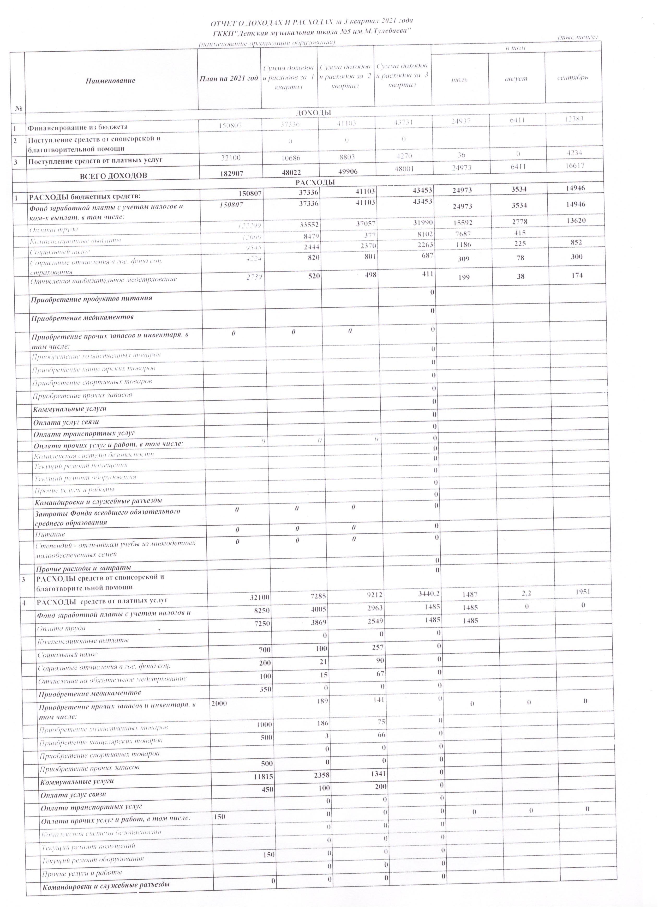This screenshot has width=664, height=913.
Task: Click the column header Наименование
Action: click(x=110, y=81)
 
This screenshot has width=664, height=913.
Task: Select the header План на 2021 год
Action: click(x=229, y=78)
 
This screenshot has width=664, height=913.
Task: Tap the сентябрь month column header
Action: click(x=572, y=77)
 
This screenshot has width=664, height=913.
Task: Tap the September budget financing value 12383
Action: click(x=574, y=119)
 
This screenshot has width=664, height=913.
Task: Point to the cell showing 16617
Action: click(x=575, y=166)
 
